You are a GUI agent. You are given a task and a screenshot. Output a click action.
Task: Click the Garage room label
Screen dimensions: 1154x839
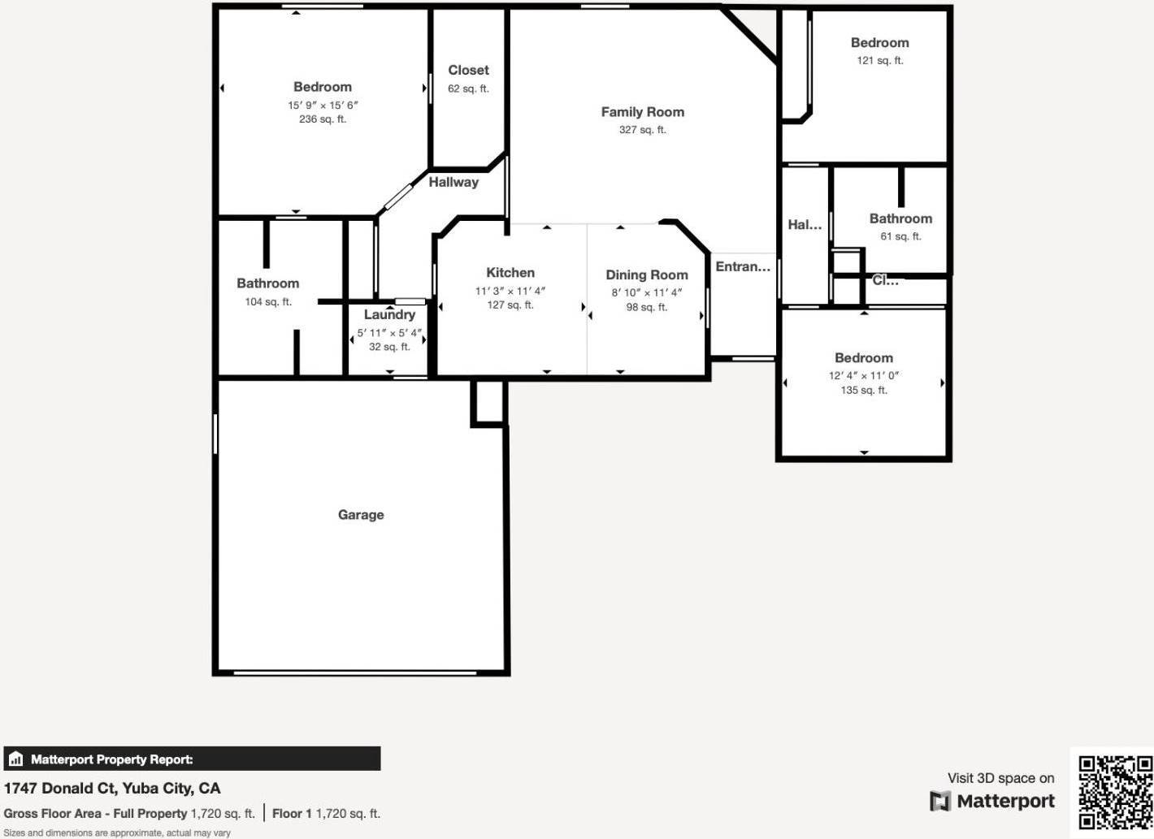[x=361, y=515]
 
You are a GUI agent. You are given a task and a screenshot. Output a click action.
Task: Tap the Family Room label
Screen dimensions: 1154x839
[x=643, y=112]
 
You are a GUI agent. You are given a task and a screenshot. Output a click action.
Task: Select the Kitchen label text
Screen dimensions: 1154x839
[x=510, y=273]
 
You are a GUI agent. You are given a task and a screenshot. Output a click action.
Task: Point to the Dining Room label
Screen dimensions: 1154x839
[x=647, y=275]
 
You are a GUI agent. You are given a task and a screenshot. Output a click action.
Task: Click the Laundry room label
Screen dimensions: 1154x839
[x=389, y=315]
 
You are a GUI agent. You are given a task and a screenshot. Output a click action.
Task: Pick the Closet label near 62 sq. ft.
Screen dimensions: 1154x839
[x=468, y=70]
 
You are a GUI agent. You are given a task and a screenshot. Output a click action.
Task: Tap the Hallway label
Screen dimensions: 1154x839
[x=453, y=182]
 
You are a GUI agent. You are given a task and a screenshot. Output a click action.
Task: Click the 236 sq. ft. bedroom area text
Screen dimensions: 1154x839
[x=323, y=119]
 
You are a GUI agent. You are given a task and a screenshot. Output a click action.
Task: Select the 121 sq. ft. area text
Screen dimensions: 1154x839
[x=880, y=61]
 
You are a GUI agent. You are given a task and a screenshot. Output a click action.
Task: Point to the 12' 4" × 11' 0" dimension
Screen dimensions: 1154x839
[x=863, y=376]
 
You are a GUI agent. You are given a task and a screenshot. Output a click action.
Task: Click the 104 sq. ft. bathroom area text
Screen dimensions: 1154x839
[x=268, y=302]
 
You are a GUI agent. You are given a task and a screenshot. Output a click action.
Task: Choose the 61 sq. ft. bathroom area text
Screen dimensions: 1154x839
[x=900, y=237]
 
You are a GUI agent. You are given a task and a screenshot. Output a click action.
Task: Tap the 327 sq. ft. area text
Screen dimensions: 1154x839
[x=643, y=130]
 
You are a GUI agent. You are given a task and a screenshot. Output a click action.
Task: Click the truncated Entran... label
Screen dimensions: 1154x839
[x=743, y=266]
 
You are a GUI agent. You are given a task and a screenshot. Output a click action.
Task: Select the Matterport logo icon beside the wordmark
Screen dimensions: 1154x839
[x=940, y=802]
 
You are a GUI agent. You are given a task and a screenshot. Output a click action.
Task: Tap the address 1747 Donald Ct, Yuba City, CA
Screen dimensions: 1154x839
[x=112, y=789]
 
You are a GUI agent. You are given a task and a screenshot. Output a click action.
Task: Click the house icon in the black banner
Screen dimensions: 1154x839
[x=16, y=759]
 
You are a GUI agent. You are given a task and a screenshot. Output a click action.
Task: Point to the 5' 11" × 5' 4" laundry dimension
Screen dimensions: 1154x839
[x=389, y=333]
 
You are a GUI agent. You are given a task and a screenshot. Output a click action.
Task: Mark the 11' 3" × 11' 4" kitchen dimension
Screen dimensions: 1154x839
[x=510, y=292]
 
